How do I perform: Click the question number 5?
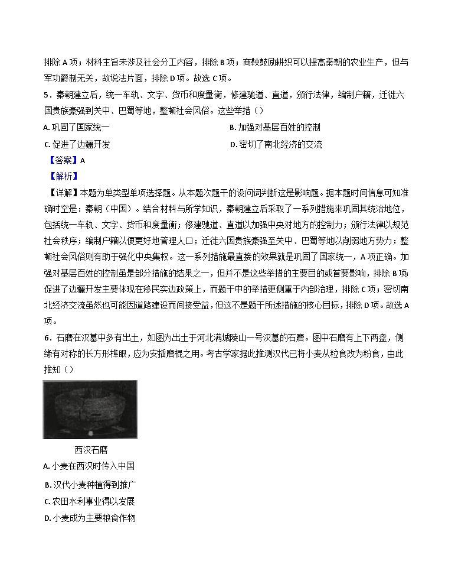point(47,95)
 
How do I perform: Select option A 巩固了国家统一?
point(76,128)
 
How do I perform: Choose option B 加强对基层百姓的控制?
point(275,128)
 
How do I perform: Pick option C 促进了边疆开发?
point(77,144)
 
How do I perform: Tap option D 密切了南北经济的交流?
point(276,144)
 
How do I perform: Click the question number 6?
point(47,338)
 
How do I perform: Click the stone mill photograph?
point(90,409)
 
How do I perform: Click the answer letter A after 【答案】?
point(83,160)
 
